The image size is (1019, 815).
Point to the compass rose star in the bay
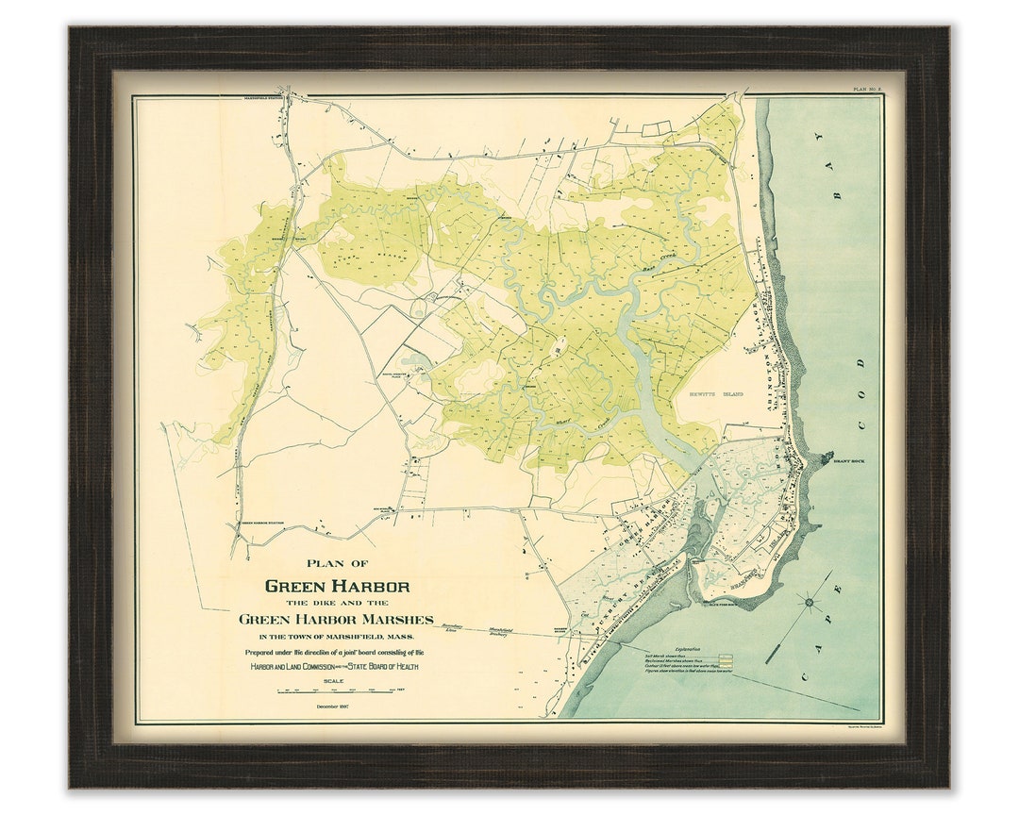[x=809, y=601]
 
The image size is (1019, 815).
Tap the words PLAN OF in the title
[x=337, y=564]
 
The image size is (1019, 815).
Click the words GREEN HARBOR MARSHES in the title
[x=336, y=620]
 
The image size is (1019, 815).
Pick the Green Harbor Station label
[x=263, y=522]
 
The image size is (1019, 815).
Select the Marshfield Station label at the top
[x=263, y=99]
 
